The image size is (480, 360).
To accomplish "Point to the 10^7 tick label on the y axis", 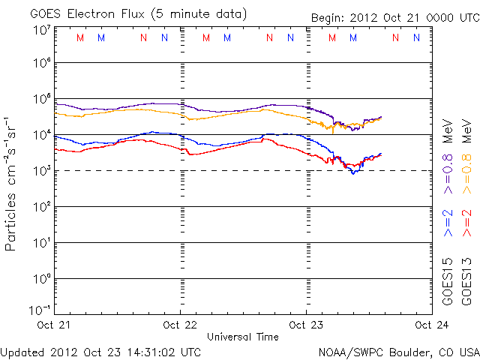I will [41, 30].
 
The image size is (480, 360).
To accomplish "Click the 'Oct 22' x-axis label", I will [181, 325].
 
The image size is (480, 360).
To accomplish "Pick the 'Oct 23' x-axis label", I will [306, 325].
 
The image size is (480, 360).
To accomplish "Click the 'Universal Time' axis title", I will [243, 337].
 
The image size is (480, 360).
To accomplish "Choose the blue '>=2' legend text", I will [448, 223].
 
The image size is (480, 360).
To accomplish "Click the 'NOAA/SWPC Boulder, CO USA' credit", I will [398, 351].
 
